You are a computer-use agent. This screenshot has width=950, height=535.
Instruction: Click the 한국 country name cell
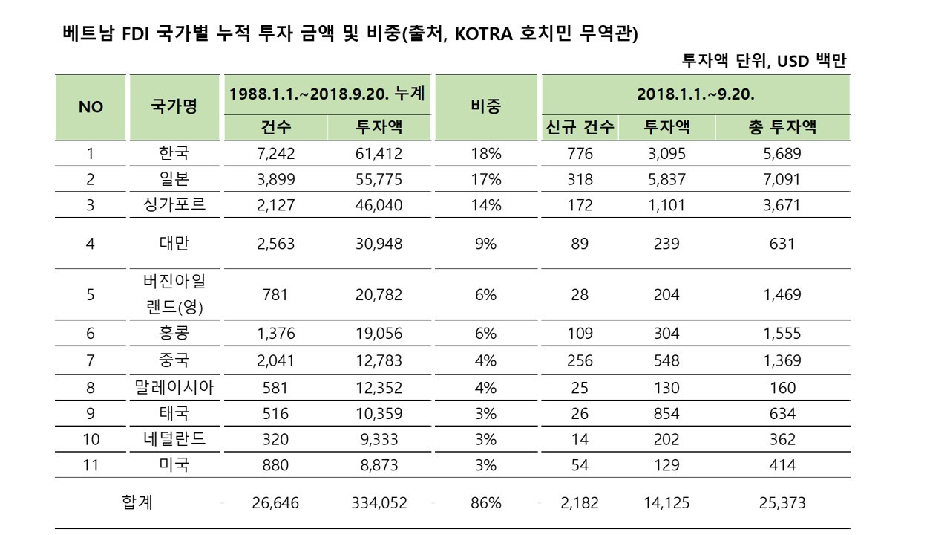point(174,154)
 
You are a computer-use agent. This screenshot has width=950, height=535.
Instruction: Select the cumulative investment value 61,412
point(378,154)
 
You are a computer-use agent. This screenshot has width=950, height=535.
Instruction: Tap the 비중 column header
point(485,106)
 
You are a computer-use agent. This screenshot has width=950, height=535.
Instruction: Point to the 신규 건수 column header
point(579,127)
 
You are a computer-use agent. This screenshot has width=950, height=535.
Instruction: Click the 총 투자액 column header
point(782,127)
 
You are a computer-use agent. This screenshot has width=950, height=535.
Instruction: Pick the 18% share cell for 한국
point(485,154)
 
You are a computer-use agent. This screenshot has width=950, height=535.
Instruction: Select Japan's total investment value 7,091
point(782,179)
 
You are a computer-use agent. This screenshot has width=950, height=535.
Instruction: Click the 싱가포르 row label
point(174,204)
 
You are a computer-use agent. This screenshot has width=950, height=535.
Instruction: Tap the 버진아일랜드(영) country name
point(174,294)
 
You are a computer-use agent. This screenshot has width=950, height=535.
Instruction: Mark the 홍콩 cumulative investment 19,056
point(378,334)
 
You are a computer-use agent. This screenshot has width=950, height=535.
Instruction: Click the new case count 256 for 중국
point(579,360)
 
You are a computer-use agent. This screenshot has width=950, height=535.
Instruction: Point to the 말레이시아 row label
point(174,387)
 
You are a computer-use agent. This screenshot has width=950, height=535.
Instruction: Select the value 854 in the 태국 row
point(666,413)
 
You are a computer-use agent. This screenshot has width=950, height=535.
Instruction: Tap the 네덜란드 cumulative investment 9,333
point(378,439)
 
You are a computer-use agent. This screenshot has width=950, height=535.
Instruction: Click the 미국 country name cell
point(174,465)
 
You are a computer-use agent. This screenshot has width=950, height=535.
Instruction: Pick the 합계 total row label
point(137,503)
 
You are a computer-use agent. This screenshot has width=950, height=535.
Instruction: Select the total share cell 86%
point(485,503)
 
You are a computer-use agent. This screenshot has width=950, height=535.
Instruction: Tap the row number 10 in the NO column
point(91,439)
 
